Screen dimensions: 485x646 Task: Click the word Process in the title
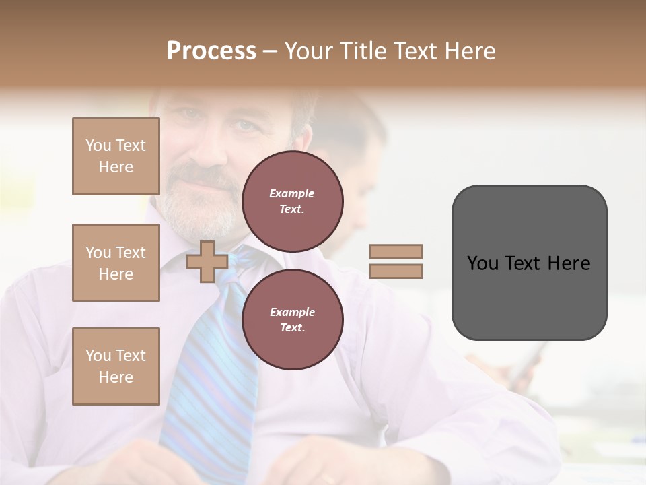point(211,51)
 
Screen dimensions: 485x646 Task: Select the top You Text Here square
point(116,156)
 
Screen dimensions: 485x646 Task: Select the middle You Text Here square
point(116,263)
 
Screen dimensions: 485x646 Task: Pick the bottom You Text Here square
point(116,366)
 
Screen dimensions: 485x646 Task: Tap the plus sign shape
point(207,261)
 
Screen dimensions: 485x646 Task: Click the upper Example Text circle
point(292,201)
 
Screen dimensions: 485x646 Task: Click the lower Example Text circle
point(292,320)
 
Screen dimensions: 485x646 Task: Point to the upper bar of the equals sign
point(396,252)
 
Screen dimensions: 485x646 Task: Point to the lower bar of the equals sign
point(396,271)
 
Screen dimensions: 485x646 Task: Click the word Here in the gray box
point(569,263)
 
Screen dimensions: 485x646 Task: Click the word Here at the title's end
point(469,51)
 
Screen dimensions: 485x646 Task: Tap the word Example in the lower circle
point(292,312)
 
